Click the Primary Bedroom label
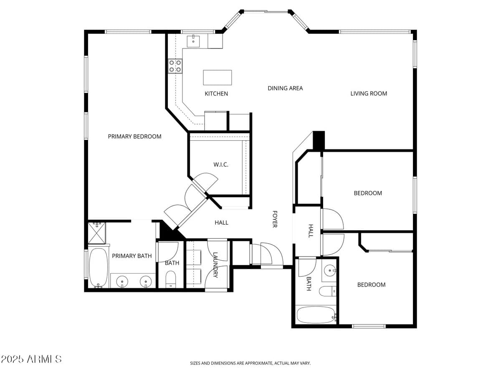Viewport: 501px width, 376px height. pos(134,137)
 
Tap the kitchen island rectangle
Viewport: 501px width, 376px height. pos(217,78)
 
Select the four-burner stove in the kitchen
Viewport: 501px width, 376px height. pos(175,66)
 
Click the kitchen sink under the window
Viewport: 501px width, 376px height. pos(193,41)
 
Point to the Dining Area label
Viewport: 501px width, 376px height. pos(285,88)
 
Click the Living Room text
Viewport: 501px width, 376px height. pos(369,94)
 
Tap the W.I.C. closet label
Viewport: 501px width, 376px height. pos(221,165)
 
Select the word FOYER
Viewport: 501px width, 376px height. pos(275,219)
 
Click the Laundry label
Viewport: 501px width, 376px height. pos(215,265)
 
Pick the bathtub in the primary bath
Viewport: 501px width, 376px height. pos(99,268)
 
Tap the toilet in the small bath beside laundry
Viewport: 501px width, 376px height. pos(171,279)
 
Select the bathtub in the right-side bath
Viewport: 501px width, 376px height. pos(316,315)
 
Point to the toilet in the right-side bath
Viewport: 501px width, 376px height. pos(327,291)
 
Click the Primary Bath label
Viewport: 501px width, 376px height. pos(132,256)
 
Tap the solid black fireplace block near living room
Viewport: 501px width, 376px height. pos(319,140)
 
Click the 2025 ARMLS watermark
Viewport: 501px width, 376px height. pos(31,359)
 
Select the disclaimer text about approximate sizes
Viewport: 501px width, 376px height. pos(250,363)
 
